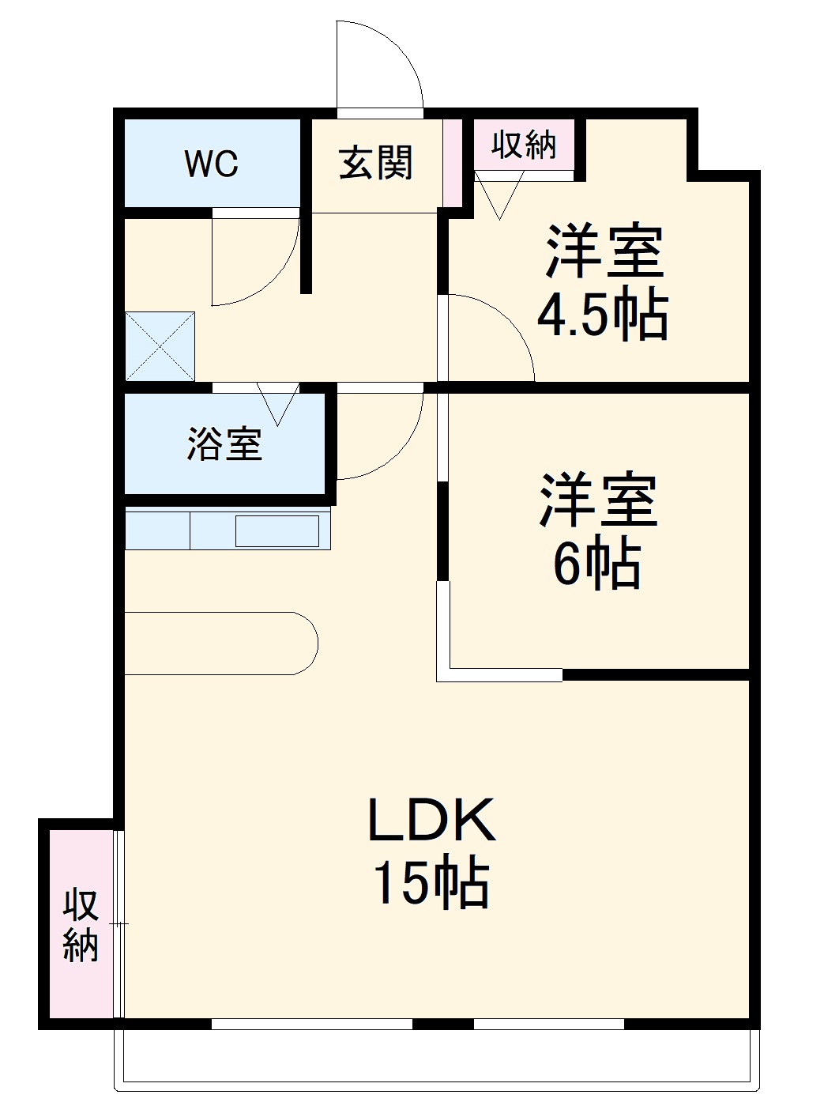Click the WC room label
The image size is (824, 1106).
pyautogui.click(x=211, y=164)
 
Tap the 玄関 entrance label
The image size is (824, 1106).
pyautogui.click(x=376, y=164)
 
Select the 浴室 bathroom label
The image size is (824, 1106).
pyautogui.click(x=224, y=444)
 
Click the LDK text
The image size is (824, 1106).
pyautogui.click(x=431, y=820)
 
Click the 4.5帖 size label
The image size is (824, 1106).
pyautogui.click(x=603, y=315)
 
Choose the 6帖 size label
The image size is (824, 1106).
pyautogui.click(x=596, y=563)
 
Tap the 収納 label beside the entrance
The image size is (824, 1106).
pyautogui.click(x=524, y=145)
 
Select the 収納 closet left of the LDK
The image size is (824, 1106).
pyautogui.click(x=81, y=925)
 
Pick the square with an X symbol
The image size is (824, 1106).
pyautogui.click(x=160, y=346)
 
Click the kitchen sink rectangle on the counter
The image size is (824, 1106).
pyautogui.click(x=277, y=530)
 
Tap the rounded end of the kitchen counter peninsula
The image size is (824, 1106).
pyautogui.click(x=304, y=643)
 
